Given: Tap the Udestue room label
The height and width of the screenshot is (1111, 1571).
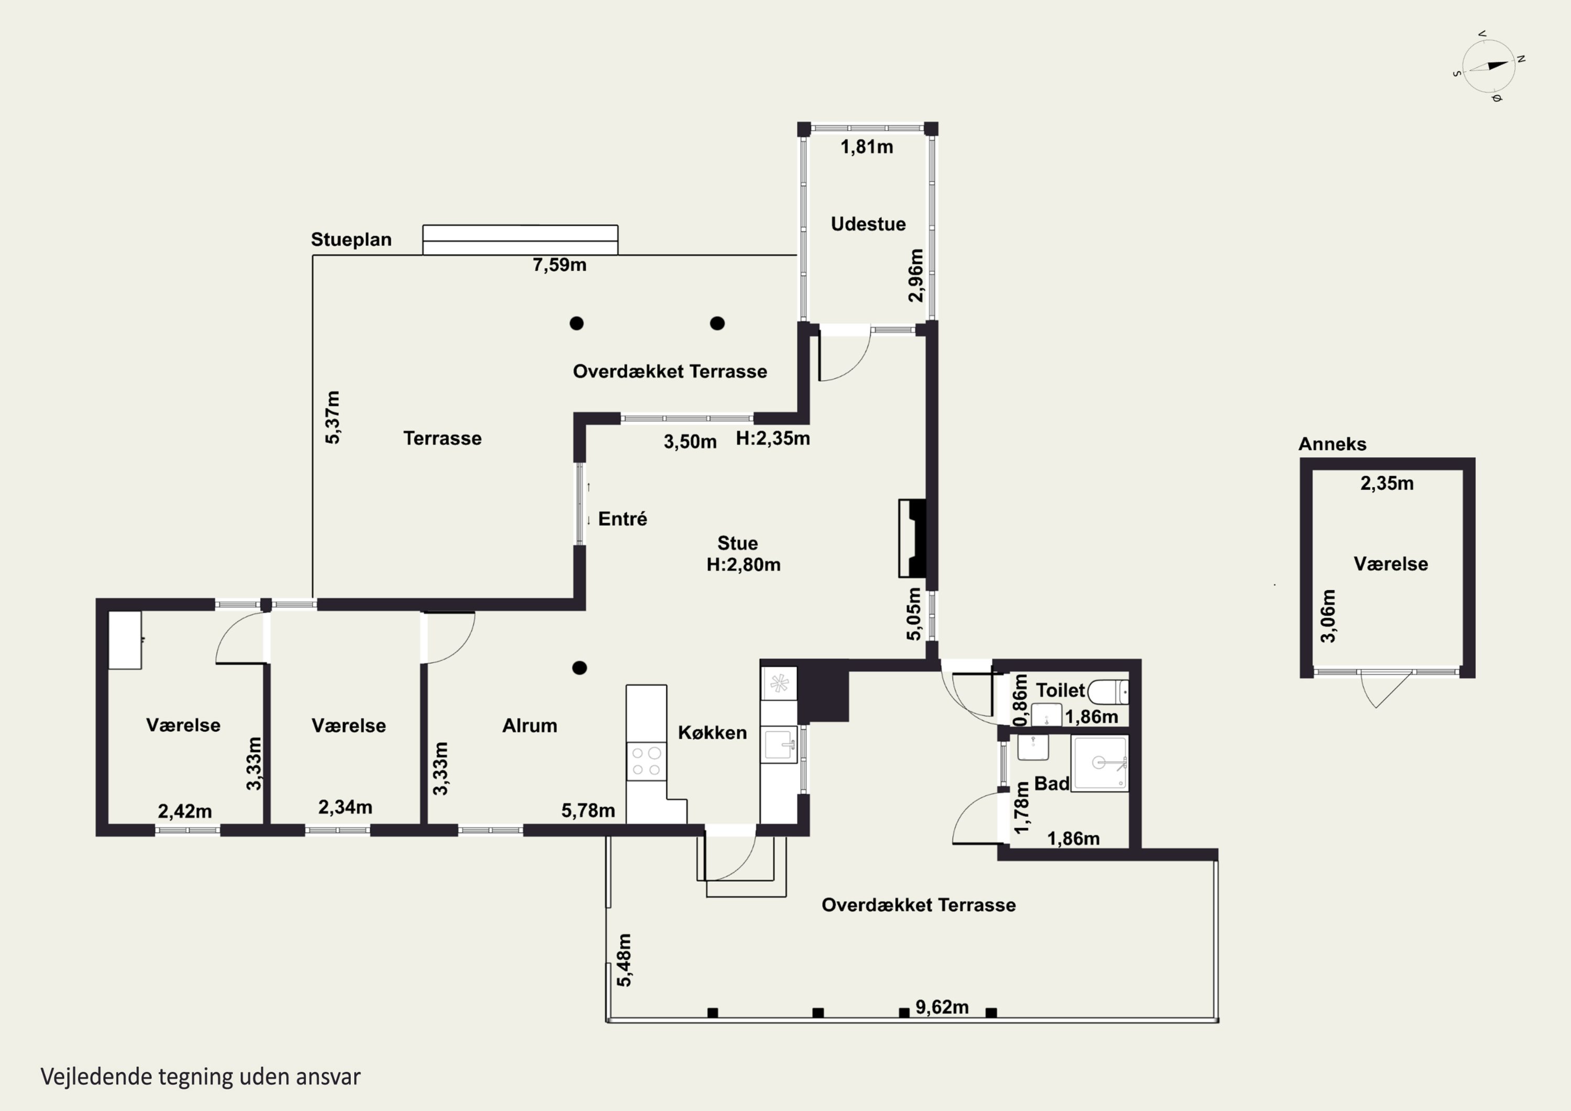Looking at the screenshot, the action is click(x=868, y=224).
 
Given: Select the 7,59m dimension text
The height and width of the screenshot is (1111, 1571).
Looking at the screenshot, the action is click(x=559, y=265).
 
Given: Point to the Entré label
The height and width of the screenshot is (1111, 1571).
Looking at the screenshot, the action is click(x=622, y=519).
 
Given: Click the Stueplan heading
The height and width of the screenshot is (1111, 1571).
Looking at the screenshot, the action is click(x=351, y=239).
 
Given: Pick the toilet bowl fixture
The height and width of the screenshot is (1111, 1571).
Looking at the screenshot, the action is click(x=1108, y=692).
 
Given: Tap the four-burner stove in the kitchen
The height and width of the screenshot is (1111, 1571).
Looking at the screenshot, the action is click(x=646, y=761).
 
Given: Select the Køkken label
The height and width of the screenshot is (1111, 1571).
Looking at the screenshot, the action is click(x=712, y=732).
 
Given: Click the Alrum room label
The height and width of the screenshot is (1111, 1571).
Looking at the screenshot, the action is click(x=529, y=725).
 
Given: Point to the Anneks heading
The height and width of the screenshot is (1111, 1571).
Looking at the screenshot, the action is click(x=1332, y=444).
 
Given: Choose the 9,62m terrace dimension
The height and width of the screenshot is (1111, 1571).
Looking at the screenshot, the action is click(x=942, y=1007).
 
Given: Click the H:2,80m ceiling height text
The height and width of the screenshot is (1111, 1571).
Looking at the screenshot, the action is click(x=743, y=565).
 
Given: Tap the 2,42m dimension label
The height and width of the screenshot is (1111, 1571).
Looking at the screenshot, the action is click(x=185, y=811).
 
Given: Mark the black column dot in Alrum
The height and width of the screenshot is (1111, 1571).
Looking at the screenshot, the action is click(x=580, y=667).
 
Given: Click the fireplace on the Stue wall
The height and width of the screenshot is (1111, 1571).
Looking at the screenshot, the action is click(x=913, y=538).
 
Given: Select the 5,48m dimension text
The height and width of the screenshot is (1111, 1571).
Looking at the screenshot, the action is click(x=624, y=960).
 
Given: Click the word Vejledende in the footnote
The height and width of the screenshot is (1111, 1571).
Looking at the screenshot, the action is click(x=96, y=1077).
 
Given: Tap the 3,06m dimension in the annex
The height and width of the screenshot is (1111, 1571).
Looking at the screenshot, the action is click(x=1327, y=615).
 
